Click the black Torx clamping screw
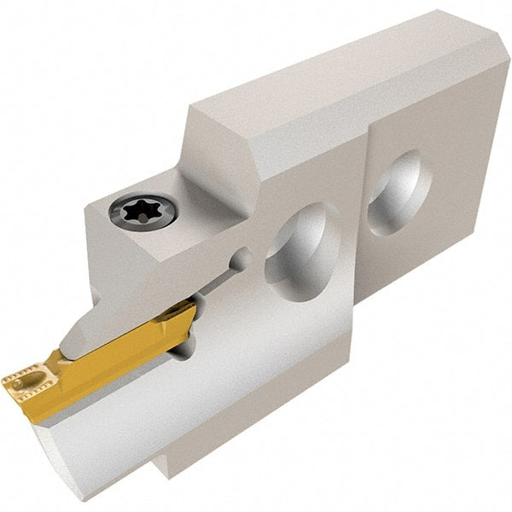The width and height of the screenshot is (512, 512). pyautogui.click(x=144, y=209)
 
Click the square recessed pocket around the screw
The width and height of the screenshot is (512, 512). pyautogui.click(x=128, y=230)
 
